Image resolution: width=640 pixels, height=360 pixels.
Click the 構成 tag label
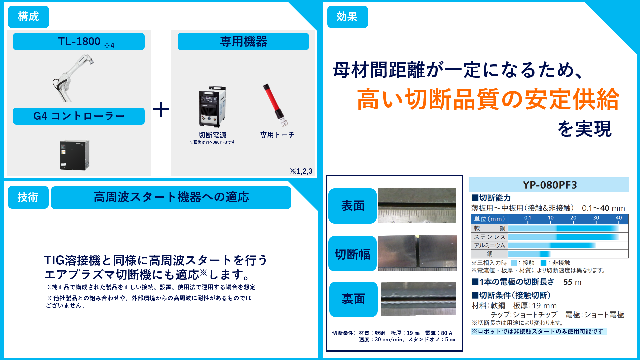28,17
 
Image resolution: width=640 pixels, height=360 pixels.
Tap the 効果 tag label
347,17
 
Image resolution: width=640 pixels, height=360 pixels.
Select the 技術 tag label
28,197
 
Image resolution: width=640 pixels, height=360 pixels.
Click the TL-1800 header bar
79,42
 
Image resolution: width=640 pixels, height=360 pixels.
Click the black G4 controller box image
75,155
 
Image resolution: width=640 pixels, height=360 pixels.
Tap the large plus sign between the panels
161,109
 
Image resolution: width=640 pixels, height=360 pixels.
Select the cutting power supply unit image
212,107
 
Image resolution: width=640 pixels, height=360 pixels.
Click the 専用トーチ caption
277,135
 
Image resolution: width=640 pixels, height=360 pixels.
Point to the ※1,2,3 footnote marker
301,171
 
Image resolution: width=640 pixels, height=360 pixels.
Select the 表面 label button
353,206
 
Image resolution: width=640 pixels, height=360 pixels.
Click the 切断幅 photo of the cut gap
417,253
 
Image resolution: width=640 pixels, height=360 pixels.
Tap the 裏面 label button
353,299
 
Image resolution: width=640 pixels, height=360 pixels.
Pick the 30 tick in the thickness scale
596,218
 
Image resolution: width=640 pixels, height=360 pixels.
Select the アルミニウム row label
489,245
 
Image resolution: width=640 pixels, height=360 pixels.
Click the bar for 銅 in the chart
529,254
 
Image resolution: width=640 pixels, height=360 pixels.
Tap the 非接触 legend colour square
543,263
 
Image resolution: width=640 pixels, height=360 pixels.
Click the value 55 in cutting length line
568,282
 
